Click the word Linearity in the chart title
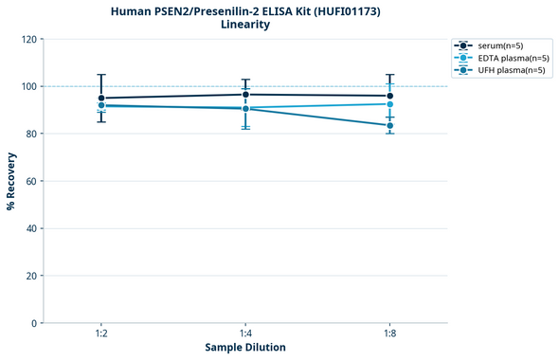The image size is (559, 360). (244, 25)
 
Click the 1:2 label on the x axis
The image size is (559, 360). (101, 334)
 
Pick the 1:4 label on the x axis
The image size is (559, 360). (245, 334)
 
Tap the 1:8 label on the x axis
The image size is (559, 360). (389, 334)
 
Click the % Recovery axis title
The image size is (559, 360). (11, 182)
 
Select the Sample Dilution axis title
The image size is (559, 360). (245, 348)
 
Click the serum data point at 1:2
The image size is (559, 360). (101, 98)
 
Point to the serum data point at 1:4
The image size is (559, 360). (245, 94)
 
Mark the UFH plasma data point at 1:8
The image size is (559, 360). (389, 125)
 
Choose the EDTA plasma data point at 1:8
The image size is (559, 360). (389, 104)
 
